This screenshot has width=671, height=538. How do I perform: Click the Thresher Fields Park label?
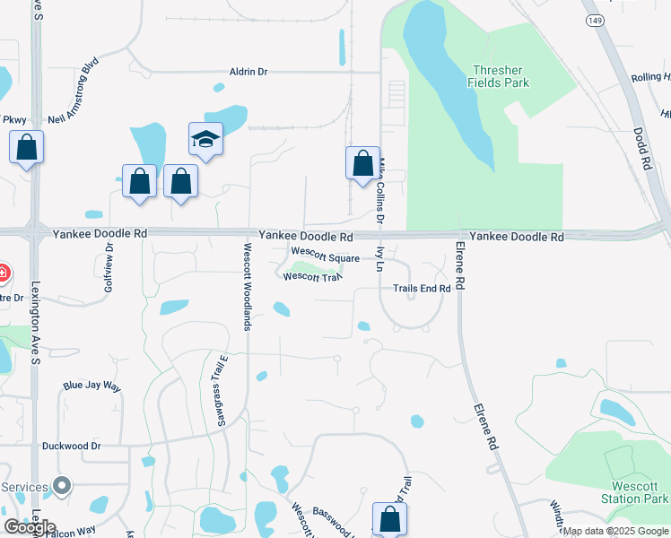(x=499, y=76)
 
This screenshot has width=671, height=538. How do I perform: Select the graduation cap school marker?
(x=205, y=140)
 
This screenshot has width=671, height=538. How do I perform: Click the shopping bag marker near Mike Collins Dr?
(x=362, y=164)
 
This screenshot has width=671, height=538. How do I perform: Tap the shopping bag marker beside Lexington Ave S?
(x=27, y=147)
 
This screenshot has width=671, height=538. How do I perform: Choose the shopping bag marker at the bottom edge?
(x=389, y=519)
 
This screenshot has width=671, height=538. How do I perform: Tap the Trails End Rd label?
(x=421, y=289)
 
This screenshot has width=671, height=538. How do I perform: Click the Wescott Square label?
(x=324, y=258)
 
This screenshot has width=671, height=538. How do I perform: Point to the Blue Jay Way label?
(x=91, y=386)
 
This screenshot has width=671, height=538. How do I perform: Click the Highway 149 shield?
(x=593, y=19)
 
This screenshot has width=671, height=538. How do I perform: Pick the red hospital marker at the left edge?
(x=3, y=272)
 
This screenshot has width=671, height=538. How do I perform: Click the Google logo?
(x=30, y=527)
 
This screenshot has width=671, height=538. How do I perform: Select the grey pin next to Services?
(x=61, y=487)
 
